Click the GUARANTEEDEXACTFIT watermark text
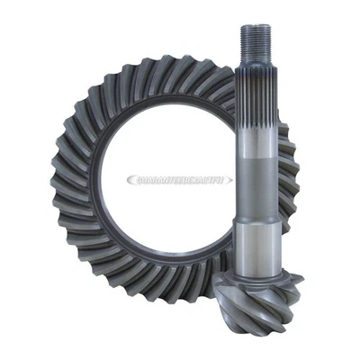pyautogui.click(x=180, y=180)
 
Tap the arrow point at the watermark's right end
pyautogui.click(x=232, y=180)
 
